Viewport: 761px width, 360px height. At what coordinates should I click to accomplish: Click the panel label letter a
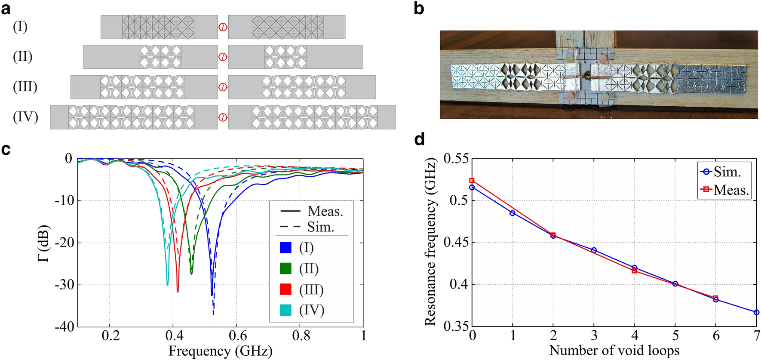pyautogui.click(x=6, y=9)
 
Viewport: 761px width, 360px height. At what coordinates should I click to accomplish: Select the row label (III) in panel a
pyautogui.click(x=25, y=87)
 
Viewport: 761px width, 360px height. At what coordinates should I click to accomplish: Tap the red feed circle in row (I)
pyautogui.click(x=223, y=27)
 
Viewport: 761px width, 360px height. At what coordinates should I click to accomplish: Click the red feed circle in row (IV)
pyautogui.click(x=223, y=117)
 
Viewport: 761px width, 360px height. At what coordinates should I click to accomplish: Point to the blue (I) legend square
pyautogui.click(x=285, y=248)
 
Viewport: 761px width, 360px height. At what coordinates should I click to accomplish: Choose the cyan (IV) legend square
pyautogui.click(x=285, y=310)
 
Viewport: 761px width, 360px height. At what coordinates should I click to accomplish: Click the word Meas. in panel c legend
pyautogui.click(x=325, y=211)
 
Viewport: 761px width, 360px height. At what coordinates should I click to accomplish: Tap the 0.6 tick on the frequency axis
pyautogui.click(x=237, y=336)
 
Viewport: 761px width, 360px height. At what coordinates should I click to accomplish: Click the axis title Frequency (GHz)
pyautogui.click(x=220, y=351)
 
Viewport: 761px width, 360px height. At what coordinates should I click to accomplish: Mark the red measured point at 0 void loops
pyautogui.click(x=472, y=181)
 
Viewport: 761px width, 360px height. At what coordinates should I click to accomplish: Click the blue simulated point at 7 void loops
pyautogui.click(x=756, y=312)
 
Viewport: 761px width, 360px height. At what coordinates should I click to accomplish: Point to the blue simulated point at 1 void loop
pyautogui.click(x=512, y=213)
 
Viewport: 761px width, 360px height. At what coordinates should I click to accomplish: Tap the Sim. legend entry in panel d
pyautogui.click(x=727, y=172)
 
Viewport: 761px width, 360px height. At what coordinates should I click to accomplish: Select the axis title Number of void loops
pyautogui.click(x=614, y=350)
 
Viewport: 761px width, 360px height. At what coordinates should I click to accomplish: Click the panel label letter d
pyautogui.click(x=419, y=140)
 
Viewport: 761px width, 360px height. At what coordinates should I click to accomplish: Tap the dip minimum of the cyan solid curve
pyautogui.click(x=168, y=284)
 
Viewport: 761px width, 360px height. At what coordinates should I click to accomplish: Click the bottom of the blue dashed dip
pyautogui.click(x=214, y=314)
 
